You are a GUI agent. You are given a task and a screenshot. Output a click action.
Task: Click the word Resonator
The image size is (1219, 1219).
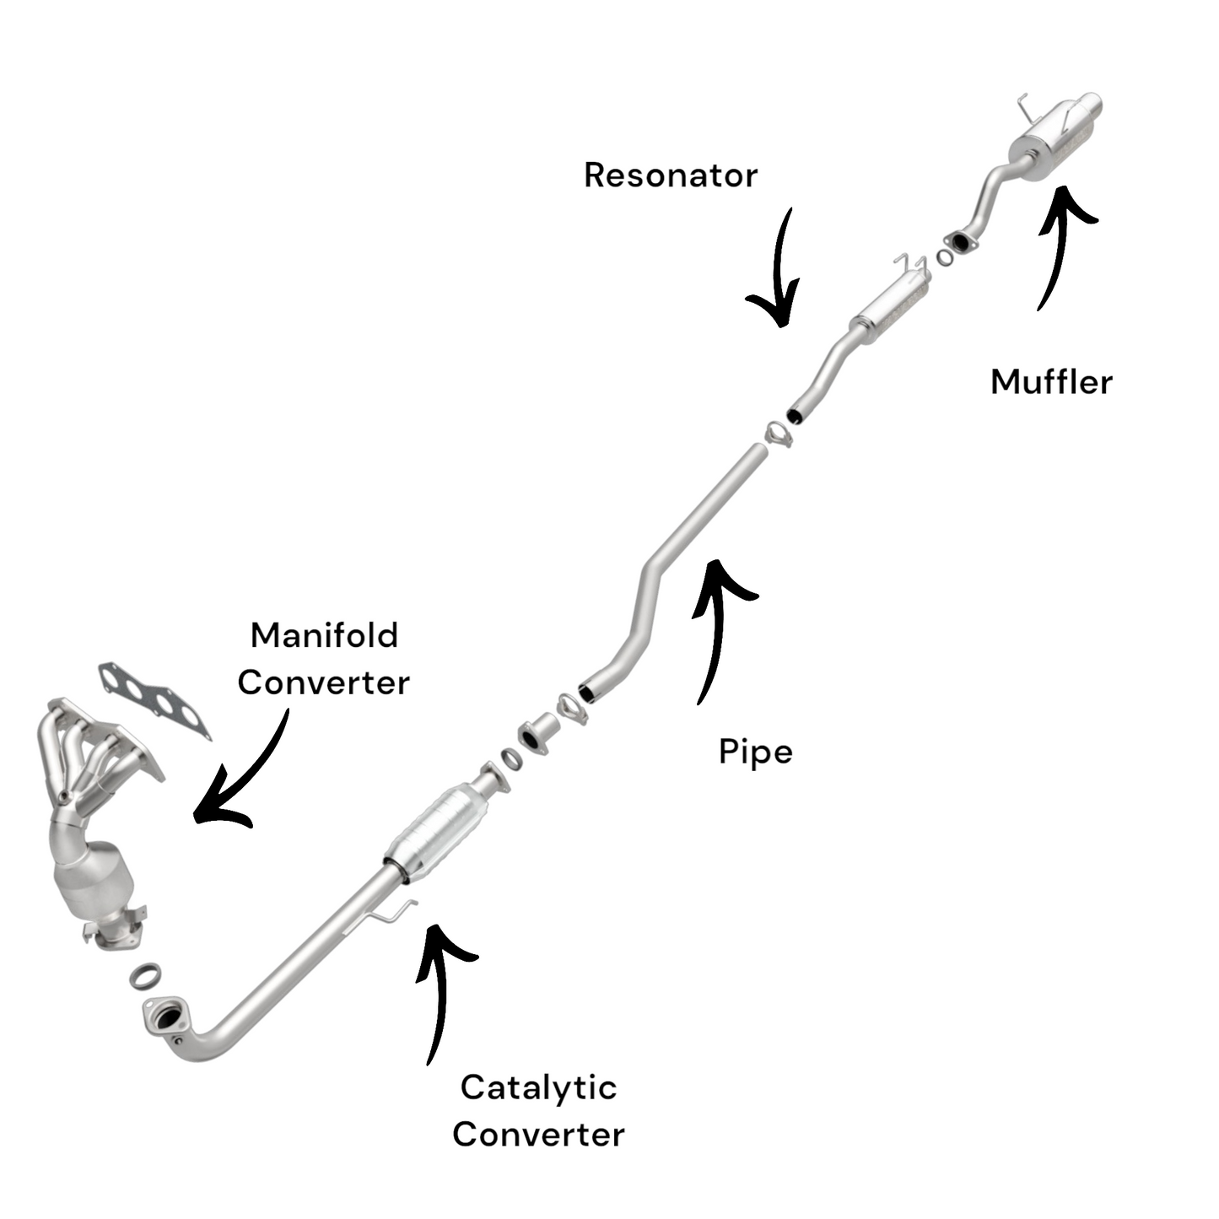point(671,175)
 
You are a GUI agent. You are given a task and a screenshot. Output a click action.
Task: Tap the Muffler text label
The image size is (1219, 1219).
point(1051,382)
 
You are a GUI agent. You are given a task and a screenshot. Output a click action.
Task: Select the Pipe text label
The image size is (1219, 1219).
point(755,752)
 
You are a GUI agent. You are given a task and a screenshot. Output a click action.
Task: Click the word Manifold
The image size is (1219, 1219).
point(324,635)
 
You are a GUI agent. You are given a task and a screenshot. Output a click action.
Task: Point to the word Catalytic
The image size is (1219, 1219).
point(538,1087)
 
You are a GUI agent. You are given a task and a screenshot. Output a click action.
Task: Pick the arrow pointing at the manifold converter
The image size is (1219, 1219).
point(240,776)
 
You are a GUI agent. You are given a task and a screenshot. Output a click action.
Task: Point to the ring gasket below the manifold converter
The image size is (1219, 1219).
point(146,976)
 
